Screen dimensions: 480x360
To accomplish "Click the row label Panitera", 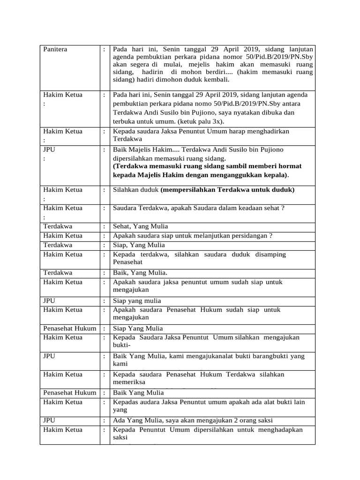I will tap(55, 49).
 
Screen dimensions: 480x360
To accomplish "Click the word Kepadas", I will tap(126, 402).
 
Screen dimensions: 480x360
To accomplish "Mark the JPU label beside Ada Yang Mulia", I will tap(49, 420).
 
